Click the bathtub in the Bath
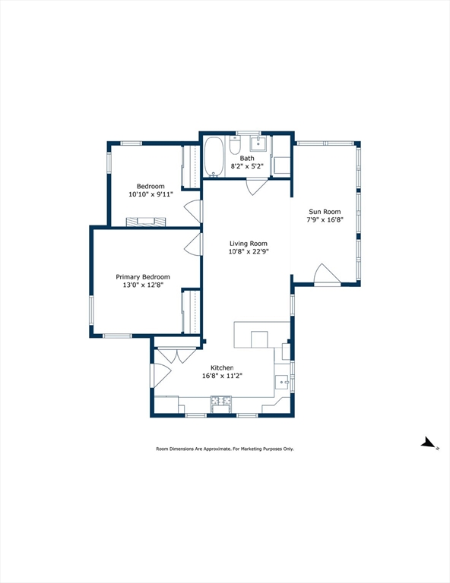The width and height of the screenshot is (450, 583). pos(214,156)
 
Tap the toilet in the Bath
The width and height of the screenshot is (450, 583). pos(235,146)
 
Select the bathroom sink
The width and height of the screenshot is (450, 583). pos(258,143)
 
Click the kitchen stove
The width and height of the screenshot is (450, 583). pos(220,404)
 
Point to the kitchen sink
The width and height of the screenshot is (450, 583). pos(282,382)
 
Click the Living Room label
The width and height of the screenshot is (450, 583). pos(249,244)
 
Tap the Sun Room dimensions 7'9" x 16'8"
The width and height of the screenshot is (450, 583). pos(325,219)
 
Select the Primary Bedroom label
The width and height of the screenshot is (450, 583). pos(143,277)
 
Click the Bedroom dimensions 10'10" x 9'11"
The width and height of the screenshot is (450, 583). pos(151,194)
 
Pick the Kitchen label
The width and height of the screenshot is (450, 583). pos(222,367)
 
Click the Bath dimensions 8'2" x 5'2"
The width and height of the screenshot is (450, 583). pos(247,166)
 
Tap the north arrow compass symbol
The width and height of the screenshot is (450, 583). pos(428,443)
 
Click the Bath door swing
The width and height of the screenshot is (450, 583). pos(257,187)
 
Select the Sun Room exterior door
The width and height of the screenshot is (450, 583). pos(327,274)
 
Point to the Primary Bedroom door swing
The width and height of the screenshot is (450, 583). pos(193,244)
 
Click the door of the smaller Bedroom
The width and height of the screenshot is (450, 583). pos(193,212)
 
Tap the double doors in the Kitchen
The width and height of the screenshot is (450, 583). pos(177,355)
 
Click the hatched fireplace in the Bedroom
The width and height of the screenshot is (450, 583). pos(146,222)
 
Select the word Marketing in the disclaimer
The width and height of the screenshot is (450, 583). pos(252,449)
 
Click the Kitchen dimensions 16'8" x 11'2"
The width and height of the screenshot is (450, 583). pos(222,376)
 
